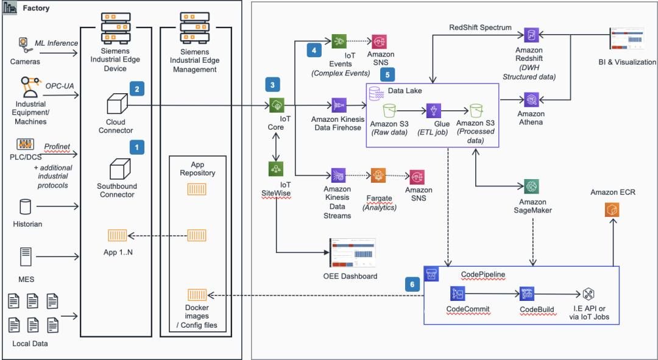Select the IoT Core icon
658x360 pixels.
277,105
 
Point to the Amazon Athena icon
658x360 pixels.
531,100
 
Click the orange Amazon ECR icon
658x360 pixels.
612,210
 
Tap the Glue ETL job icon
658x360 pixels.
433,111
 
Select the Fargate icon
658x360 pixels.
378,177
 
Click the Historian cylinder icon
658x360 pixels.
26,207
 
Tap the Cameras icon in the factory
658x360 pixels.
24,44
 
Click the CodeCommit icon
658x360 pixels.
458,294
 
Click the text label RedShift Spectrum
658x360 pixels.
480,28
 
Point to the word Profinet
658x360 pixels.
57,146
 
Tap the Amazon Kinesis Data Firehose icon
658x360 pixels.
339,105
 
